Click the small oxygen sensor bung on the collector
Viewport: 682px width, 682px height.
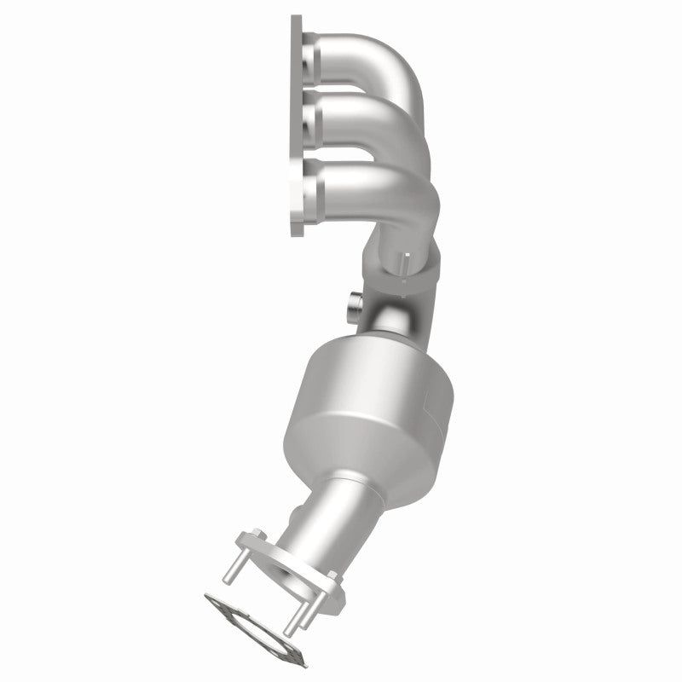355,304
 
